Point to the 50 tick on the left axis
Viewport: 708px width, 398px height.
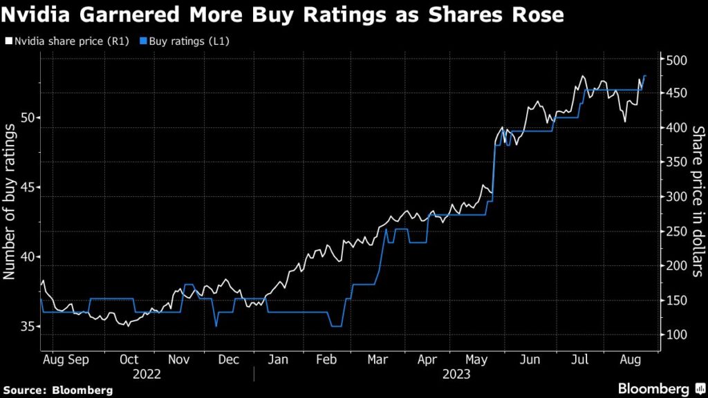(27, 117)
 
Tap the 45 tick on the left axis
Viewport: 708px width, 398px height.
(27, 187)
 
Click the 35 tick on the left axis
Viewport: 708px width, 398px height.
(27, 326)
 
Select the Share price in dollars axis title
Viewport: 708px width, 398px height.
(698, 201)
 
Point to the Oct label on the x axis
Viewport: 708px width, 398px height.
(129, 359)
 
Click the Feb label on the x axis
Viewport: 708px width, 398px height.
(328, 359)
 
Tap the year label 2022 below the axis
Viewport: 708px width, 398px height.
(147, 374)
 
